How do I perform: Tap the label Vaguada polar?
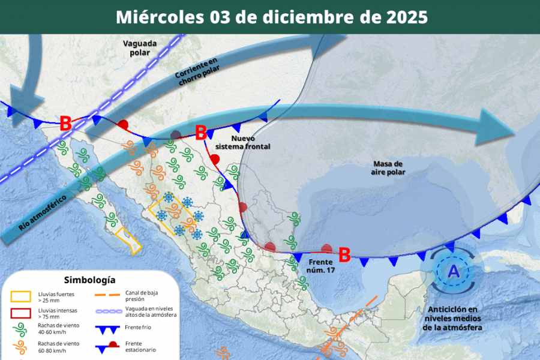140,48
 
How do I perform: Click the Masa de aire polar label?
388,168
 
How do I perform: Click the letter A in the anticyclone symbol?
454,272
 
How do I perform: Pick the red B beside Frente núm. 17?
344,255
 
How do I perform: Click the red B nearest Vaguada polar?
65,124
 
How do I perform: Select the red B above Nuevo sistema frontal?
201,131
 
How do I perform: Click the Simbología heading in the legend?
89,280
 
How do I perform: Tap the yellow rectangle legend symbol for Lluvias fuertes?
20,296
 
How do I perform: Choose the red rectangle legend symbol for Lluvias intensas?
20,313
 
